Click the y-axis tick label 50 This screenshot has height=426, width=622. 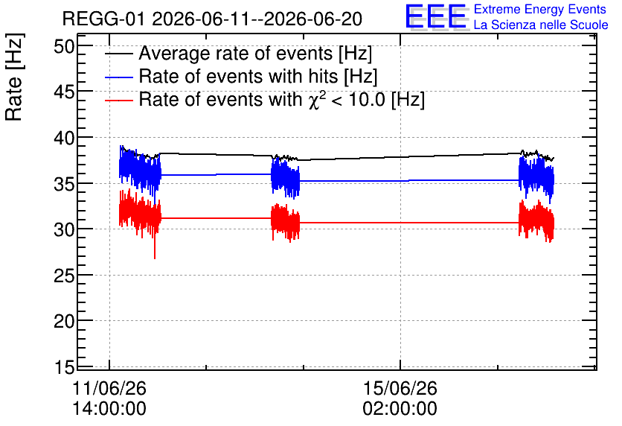point(64,47)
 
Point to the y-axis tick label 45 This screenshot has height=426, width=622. point(64,92)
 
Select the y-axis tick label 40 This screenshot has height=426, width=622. point(64,139)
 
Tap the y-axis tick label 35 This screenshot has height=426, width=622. point(64,184)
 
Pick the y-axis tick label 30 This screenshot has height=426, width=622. point(64,230)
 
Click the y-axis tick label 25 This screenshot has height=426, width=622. point(64,276)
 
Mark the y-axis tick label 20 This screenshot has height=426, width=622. point(64,322)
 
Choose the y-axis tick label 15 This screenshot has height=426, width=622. point(64,367)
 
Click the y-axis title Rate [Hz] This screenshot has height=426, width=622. point(14,77)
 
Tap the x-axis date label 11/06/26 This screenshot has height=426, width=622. point(109,388)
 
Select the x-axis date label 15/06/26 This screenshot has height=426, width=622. point(400,388)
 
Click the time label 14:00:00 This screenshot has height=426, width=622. point(109,409)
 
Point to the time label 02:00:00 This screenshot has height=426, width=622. point(400,409)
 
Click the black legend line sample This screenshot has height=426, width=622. point(118,54)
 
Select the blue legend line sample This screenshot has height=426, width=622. point(118,77)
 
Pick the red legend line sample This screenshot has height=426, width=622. point(118,101)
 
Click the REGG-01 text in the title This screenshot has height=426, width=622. point(103,19)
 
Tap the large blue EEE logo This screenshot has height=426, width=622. point(437,16)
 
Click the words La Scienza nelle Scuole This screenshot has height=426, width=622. point(541,25)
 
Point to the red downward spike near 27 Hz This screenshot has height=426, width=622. point(155,248)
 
